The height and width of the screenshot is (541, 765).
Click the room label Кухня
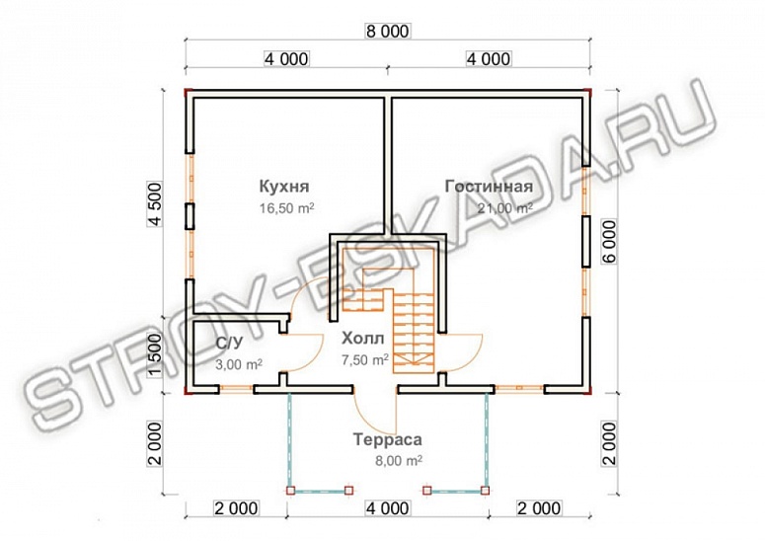pos(283,187)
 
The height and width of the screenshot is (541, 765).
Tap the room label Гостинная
pos(489,187)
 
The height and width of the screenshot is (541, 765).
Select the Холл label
pos(363,338)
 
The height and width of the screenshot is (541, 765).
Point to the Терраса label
pos(387,439)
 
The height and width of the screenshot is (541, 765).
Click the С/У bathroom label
pos(229,344)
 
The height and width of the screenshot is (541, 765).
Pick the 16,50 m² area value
pos(287,208)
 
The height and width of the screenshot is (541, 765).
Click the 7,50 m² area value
pos(365,360)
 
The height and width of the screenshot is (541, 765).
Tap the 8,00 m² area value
pos(399,460)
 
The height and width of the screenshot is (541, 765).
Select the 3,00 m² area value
pos(239,364)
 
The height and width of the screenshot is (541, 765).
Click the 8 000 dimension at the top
pos(387,32)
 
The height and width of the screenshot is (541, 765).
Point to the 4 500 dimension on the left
pos(155,204)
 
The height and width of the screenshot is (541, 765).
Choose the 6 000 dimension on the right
pos(609,242)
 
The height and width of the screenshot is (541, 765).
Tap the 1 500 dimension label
pos(155,356)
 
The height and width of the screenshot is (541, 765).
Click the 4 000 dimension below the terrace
pos(388,508)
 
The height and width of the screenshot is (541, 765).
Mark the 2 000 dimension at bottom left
pos(237,508)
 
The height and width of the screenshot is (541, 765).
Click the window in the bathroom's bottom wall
pos(235,389)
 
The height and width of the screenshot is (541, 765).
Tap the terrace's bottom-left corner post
pos(290,491)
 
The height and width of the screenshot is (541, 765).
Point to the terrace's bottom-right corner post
pos(485,491)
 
